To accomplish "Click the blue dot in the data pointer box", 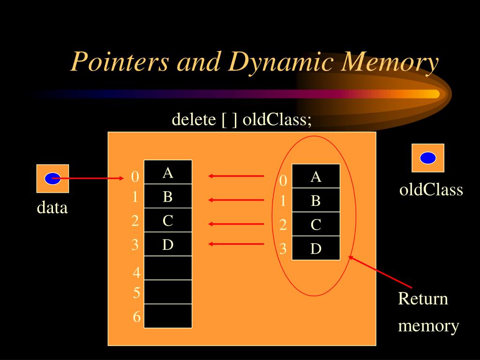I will coord(52,178).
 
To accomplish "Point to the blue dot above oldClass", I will coord(427,158).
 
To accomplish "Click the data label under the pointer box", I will coord(52,207).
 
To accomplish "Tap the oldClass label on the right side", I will coord(431,190).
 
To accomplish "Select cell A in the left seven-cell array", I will coord(168,172).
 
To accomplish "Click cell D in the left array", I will coord(168,244).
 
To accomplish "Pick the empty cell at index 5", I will coord(168,292).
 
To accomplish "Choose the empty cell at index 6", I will coord(168,316).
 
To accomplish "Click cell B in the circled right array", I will coord(316,201).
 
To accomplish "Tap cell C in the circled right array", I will coord(316,225).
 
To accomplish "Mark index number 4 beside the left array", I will coord(136,272).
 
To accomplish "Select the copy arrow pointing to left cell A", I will coord(236,176).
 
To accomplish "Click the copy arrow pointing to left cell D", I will coord(236,244).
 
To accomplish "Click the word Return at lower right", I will coord(423,299).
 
